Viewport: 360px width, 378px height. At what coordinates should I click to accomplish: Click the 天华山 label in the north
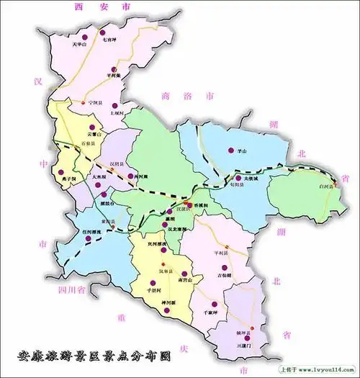point(79,45)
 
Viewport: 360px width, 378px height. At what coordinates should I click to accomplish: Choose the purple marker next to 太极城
point(238,178)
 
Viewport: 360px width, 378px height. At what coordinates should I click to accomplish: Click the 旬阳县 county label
point(235,186)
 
